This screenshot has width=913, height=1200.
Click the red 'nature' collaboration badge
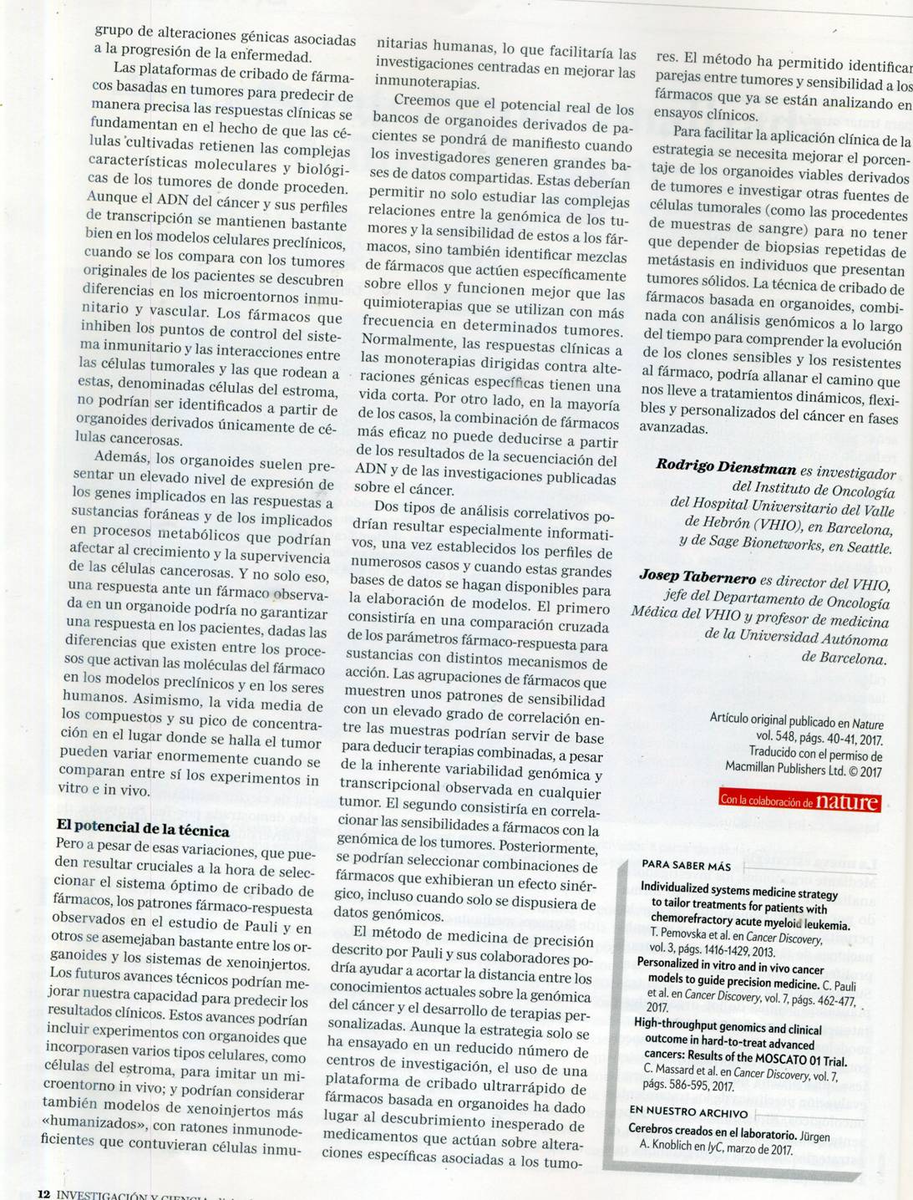pyautogui.click(x=799, y=801)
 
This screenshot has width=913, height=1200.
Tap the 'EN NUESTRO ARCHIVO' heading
pyautogui.click(x=688, y=1111)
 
